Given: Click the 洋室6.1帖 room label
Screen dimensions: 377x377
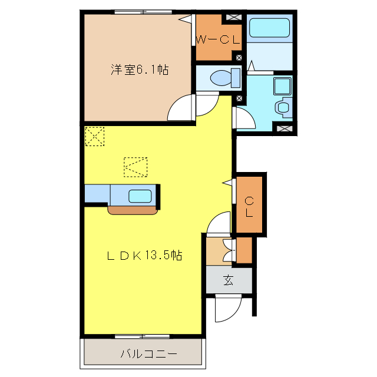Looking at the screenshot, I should click(140, 70).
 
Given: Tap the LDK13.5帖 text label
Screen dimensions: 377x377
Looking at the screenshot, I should click(143, 256).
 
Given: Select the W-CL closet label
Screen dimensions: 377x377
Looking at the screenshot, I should click(217, 41).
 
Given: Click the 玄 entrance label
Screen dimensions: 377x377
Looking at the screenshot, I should click(228, 280).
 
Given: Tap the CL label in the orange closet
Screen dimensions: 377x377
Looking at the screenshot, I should click(249, 206).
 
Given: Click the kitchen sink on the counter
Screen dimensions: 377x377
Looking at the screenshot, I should click(140, 196).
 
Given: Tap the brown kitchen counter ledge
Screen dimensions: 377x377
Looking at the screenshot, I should click(133, 209).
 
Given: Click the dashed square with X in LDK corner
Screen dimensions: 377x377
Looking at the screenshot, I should click(95, 136).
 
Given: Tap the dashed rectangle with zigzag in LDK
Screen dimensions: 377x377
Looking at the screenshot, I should click(135, 166).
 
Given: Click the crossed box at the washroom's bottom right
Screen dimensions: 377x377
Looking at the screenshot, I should click(283, 128).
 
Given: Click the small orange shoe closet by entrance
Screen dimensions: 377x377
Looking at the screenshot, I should click(244, 250).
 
